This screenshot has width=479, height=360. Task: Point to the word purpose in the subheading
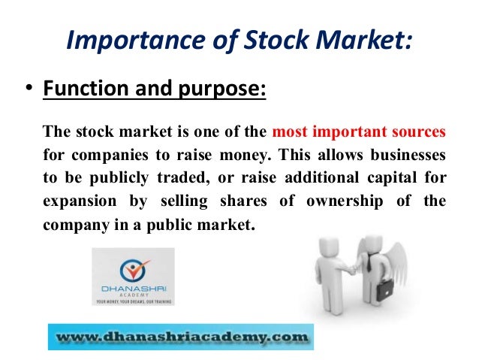pos(225,90)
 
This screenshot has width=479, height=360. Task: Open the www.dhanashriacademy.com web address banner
pos(180,335)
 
